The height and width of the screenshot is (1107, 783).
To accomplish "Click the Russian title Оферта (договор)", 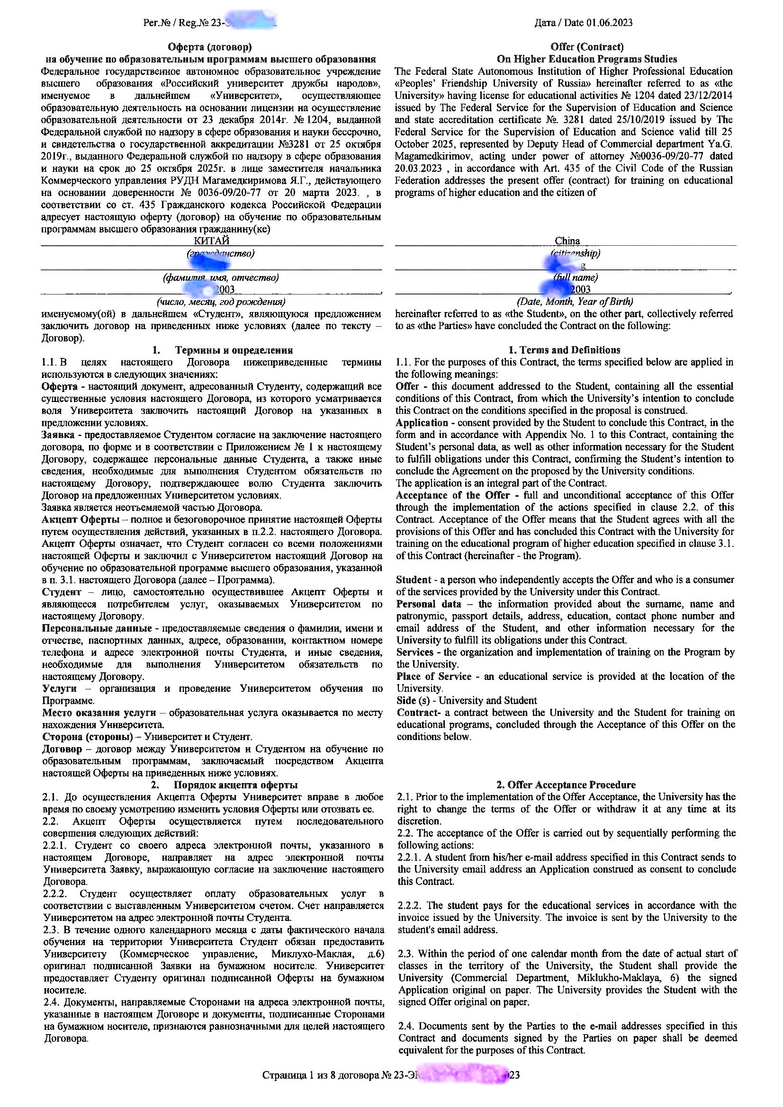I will [x=209, y=47].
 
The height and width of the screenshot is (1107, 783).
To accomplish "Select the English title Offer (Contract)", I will [x=586, y=47].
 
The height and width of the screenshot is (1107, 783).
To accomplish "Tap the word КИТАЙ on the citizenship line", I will [x=211, y=241].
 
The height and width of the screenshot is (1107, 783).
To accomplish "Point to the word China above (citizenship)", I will [x=567, y=241].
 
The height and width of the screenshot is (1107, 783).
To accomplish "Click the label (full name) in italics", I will [x=576, y=277].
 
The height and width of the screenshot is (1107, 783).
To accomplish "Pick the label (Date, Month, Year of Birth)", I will [x=575, y=302].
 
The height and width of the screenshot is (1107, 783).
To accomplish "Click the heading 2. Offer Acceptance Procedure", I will [x=567, y=785].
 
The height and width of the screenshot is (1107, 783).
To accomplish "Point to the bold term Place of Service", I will [x=434, y=677].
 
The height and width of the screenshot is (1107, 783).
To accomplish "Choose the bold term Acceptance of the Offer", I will [x=452, y=495].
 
